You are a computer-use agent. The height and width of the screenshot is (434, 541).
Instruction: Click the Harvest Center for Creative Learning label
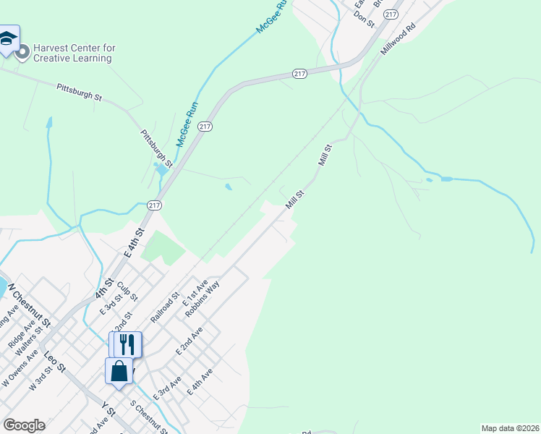[74, 53]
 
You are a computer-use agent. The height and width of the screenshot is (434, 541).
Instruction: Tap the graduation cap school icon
[8, 40]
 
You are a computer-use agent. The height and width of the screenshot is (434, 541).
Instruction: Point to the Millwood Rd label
[401, 38]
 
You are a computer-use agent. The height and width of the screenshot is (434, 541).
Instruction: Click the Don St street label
[365, 19]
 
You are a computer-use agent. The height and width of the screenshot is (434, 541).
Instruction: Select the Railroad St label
[165, 306]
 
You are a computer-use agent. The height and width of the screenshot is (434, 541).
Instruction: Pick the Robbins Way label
[202, 299]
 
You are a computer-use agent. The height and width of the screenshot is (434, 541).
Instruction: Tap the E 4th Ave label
[200, 382]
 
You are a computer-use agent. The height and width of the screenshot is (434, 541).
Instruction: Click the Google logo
[24, 425]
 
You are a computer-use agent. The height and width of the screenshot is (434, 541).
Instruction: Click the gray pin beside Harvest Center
[22, 51]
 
